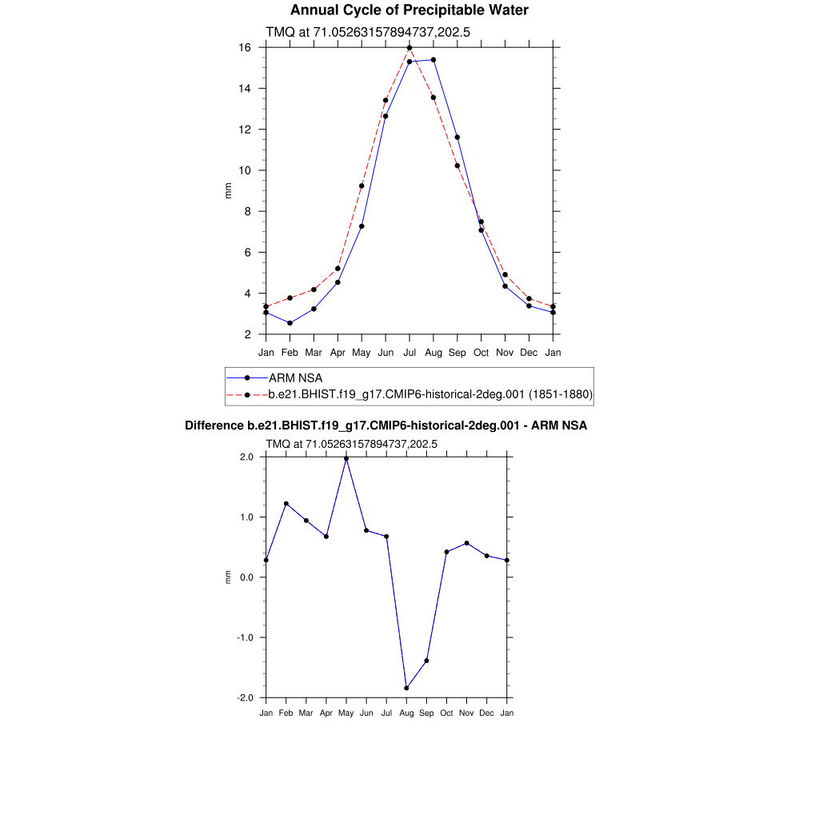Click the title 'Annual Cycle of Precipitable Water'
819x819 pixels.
pyautogui.click(x=409, y=10)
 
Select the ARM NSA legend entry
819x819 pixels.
pyautogui.click(x=295, y=378)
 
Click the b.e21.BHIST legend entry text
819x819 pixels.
pyautogui.click(x=429, y=394)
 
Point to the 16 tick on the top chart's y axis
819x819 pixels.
pyautogui.click(x=245, y=48)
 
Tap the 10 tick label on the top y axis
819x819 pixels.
pyautogui.click(x=245, y=170)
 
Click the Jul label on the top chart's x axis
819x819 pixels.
pyautogui.click(x=409, y=352)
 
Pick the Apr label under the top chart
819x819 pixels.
pyautogui.click(x=338, y=352)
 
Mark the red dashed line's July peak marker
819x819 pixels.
pyautogui.click(x=409, y=48)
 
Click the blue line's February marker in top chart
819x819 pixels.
pyautogui.click(x=290, y=323)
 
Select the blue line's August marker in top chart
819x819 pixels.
pyautogui.click(x=433, y=60)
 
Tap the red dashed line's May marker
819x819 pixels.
pyautogui.click(x=362, y=186)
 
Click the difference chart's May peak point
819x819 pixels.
pyautogui.click(x=346, y=458)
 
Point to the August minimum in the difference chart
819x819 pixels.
pyautogui.click(x=406, y=688)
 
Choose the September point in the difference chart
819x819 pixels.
pyautogui.click(x=426, y=661)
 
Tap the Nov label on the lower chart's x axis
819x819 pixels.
pyautogui.click(x=466, y=713)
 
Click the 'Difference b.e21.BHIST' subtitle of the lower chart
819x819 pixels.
pyautogui.click(x=386, y=425)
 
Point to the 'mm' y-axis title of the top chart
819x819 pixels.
pyautogui.click(x=228, y=190)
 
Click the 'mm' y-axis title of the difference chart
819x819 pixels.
pyautogui.click(x=228, y=577)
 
